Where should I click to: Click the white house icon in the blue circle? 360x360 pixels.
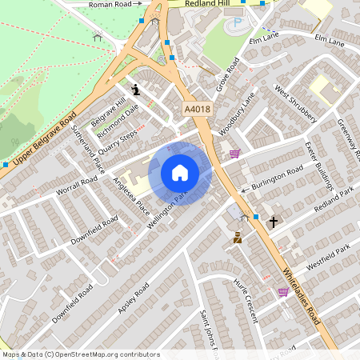click(180, 173)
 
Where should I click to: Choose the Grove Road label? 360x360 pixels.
click(229, 74)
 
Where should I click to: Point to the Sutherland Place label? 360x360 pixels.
click(88, 148)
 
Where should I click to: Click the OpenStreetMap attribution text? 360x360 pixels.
click(80, 354)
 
